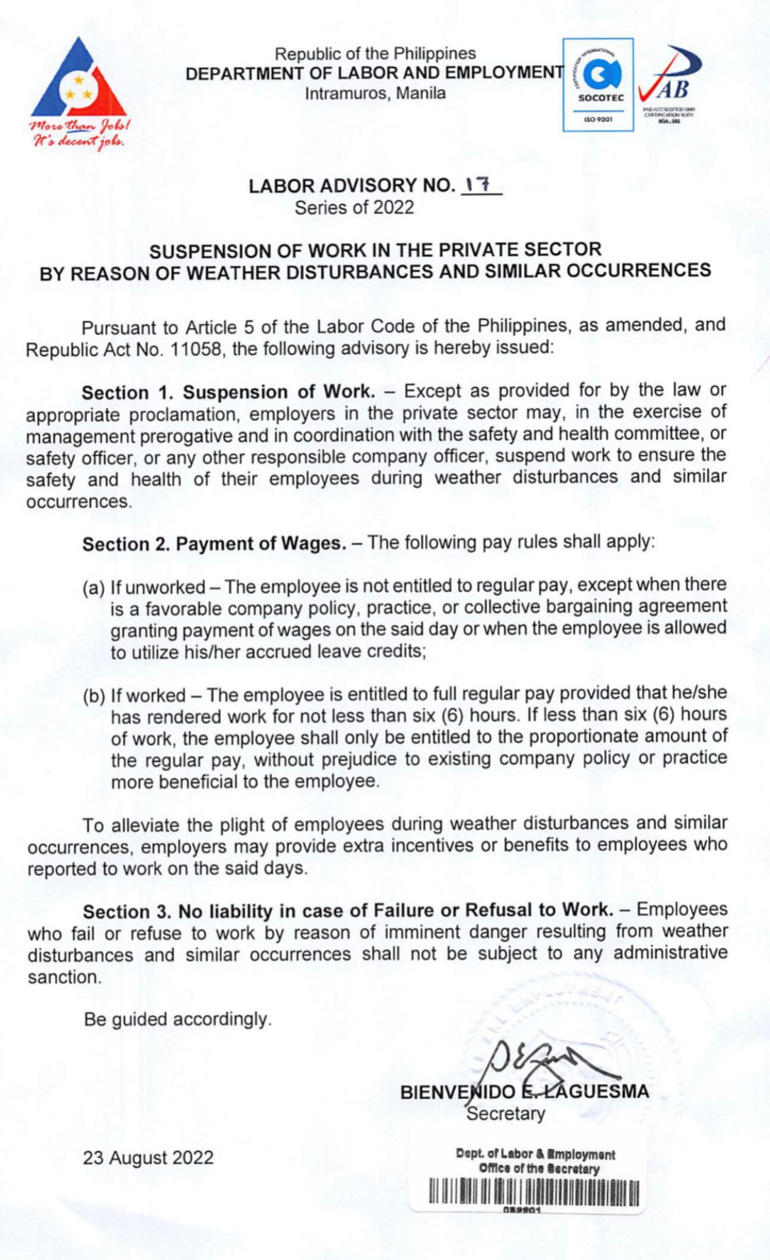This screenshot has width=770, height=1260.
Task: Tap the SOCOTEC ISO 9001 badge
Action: [598, 84]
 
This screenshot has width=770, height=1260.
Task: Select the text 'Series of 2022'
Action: [354, 208]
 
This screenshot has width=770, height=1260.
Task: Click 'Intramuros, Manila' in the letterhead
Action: [375, 94]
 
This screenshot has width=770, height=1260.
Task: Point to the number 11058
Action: [198, 348]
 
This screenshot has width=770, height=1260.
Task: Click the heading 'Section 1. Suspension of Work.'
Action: [228, 392]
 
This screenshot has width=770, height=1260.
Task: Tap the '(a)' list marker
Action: [93, 588]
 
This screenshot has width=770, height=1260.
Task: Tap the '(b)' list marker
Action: [93, 696]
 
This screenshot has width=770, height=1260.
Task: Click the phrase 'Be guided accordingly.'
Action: [178, 1020]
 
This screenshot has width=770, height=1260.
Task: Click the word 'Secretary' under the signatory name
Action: [505, 1114]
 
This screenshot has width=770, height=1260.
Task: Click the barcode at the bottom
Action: [534, 1192]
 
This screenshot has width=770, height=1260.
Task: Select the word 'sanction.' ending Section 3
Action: [64, 977]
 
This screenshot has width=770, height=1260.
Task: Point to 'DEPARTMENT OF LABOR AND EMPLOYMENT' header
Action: [374, 73]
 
